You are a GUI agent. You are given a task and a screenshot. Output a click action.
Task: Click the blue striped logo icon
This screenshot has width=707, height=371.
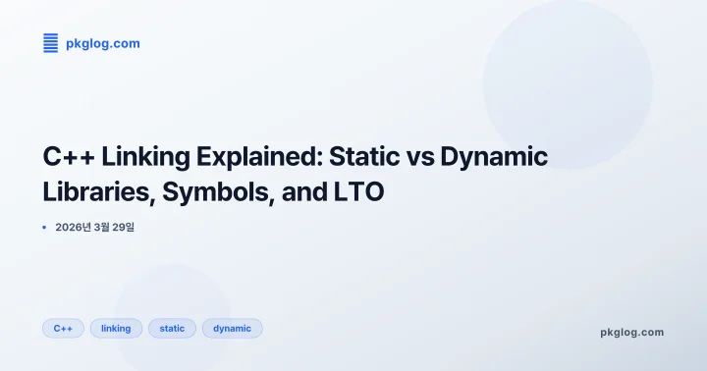click(51, 43)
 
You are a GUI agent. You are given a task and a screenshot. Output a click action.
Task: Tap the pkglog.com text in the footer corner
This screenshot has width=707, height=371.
click(631, 332)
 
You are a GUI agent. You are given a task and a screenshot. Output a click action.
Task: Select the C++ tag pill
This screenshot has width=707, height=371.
click(63, 328)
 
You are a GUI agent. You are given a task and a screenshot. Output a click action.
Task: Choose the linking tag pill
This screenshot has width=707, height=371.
click(116, 328)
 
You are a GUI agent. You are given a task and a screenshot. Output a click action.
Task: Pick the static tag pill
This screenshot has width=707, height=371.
click(172, 328)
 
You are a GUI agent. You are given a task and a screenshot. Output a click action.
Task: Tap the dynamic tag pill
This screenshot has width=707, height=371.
click(232, 328)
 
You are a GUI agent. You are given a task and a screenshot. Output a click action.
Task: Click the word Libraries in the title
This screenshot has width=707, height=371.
click(93, 193)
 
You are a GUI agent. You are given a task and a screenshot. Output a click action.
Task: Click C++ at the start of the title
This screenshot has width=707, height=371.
click(66, 157)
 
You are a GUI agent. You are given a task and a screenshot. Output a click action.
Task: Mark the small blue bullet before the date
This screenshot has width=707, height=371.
click(44, 227)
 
